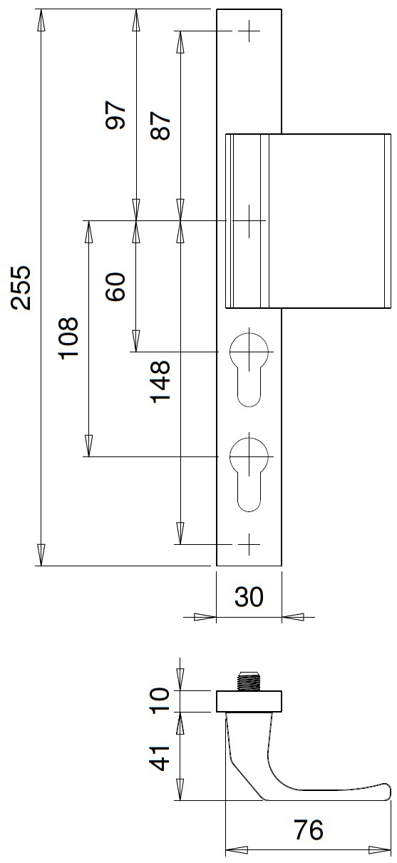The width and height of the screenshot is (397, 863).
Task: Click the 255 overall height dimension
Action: tap(21, 287)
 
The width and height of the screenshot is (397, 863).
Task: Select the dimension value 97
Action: tap(115, 115)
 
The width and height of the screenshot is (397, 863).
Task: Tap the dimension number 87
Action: tap(160, 126)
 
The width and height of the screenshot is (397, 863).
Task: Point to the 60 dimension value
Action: tap(115, 287)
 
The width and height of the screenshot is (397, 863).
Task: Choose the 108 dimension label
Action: tap(68, 338)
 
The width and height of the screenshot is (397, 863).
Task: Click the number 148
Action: tap(160, 382)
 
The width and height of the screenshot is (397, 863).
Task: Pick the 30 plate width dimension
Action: tap(249, 597)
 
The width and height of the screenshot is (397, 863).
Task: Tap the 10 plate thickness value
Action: tap(160, 701)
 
